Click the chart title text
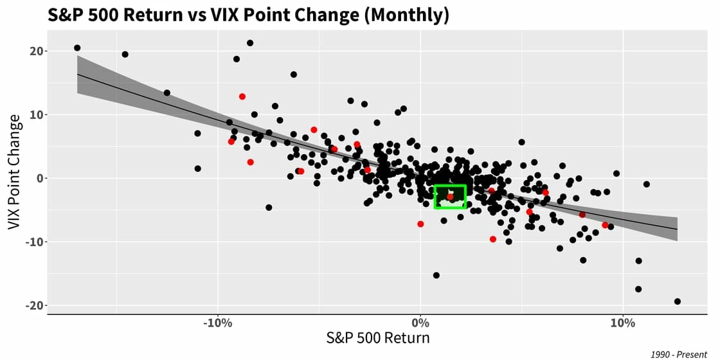(x=248, y=15)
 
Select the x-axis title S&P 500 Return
(x=377, y=337)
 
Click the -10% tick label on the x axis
(x=217, y=322)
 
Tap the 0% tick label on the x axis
(x=420, y=322)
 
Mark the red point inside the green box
(x=451, y=196)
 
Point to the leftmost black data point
(x=77, y=48)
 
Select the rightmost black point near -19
(x=677, y=301)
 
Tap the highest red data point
(x=242, y=96)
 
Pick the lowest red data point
(x=493, y=239)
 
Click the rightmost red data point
(x=605, y=225)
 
